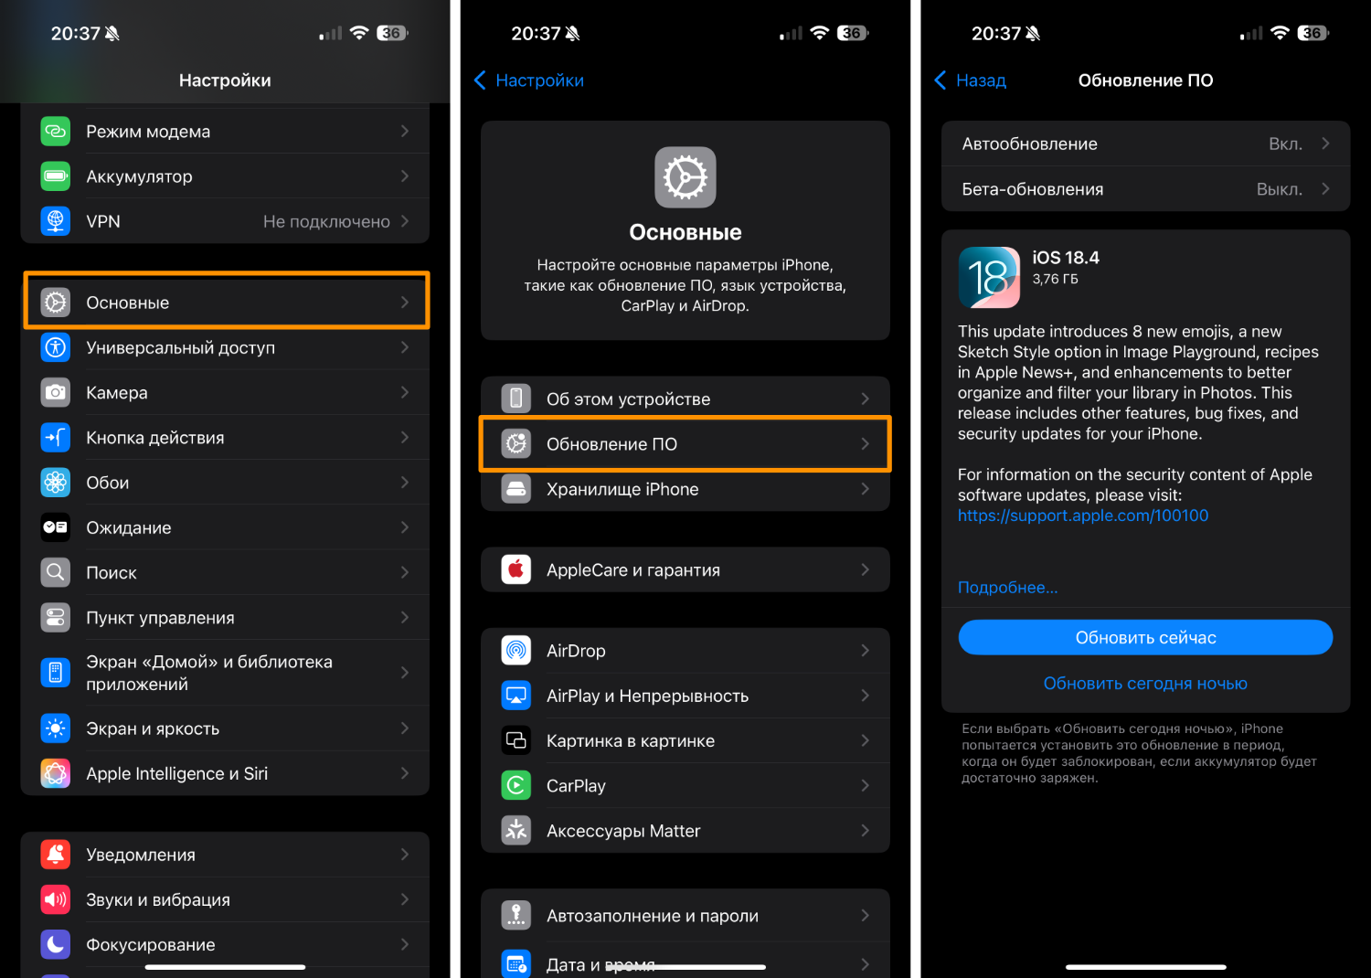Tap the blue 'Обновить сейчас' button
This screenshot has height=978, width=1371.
(1145, 637)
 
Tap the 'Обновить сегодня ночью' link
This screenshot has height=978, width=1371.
(1145, 683)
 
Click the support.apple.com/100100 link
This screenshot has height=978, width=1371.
(1083, 516)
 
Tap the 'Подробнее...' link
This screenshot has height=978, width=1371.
(1007, 588)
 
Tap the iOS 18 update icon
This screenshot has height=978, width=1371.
(989, 277)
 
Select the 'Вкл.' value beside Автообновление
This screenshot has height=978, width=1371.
(1285, 144)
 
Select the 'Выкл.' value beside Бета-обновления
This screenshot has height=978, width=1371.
(1280, 189)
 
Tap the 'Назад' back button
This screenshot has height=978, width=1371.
(972, 80)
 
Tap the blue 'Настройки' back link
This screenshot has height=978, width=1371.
(529, 80)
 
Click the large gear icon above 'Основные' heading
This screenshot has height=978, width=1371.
(685, 177)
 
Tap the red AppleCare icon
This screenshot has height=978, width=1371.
(516, 569)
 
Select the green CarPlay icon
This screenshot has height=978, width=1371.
(516, 785)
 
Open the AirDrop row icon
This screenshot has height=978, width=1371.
(516, 651)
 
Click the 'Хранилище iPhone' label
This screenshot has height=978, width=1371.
(622, 489)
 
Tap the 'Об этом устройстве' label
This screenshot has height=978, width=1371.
(629, 399)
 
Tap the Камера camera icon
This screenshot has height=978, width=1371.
(55, 392)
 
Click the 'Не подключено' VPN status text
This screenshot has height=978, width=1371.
(326, 221)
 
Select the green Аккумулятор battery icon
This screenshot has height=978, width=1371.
(55, 176)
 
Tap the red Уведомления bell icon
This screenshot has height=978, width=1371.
(55, 855)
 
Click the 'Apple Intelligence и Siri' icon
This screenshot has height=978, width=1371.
(55, 773)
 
